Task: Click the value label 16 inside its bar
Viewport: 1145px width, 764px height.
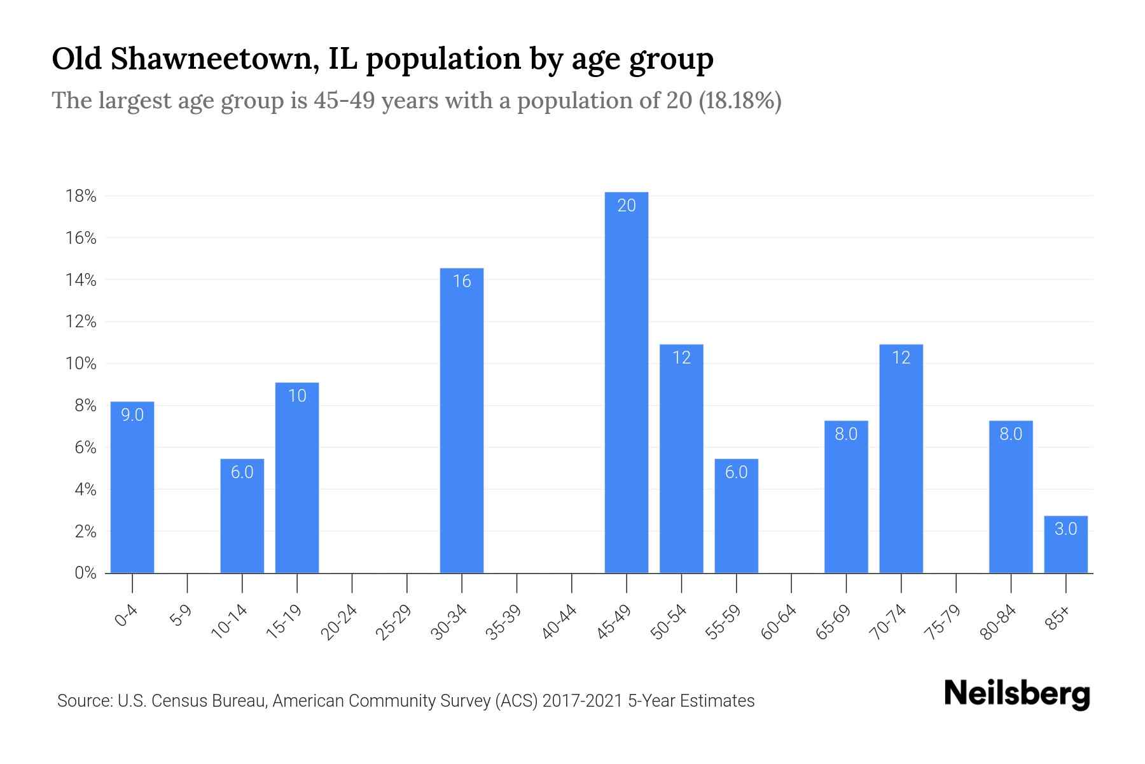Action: [x=462, y=281]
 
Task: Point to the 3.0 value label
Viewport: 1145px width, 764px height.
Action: [x=1065, y=529]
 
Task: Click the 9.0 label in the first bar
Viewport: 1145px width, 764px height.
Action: [x=132, y=415]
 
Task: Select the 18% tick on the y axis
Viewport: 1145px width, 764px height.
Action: [x=81, y=196]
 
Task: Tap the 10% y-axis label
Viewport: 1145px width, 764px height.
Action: [x=81, y=364]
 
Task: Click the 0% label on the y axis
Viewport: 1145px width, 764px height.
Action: [x=85, y=573]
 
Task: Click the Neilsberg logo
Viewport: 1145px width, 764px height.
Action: [x=1017, y=694]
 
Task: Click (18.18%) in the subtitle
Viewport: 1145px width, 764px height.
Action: [x=740, y=101]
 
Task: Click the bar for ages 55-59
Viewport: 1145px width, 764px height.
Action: [x=736, y=516]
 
